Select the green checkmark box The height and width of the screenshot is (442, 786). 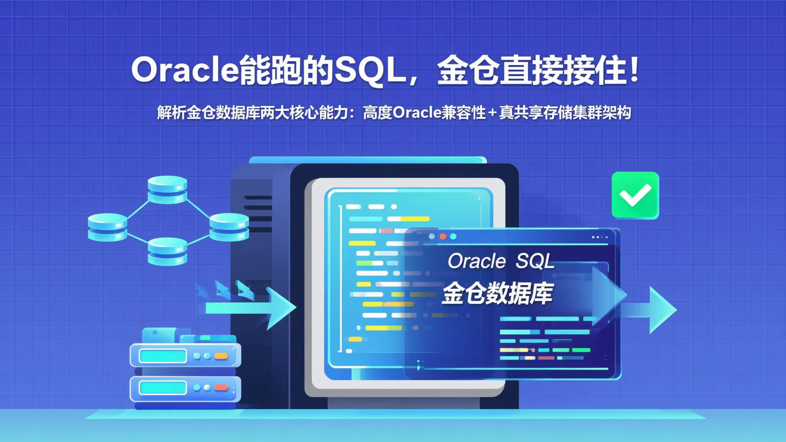[635, 195]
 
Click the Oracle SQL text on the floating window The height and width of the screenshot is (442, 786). [501, 261]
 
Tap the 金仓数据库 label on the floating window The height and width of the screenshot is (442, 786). [497, 294]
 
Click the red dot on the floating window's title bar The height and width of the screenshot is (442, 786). [443, 237]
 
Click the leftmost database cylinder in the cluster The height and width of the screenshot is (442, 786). [107, 226]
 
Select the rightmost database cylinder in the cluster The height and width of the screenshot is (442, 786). [229, 226]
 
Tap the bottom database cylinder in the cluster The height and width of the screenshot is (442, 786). [167, 251]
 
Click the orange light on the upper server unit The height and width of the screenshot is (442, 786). [221, 356]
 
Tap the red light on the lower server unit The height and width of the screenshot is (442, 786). [221, 387]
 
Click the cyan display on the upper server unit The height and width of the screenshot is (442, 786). [163, 356]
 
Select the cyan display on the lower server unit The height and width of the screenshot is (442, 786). [163, 387]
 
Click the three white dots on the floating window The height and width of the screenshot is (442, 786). [599, 237]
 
